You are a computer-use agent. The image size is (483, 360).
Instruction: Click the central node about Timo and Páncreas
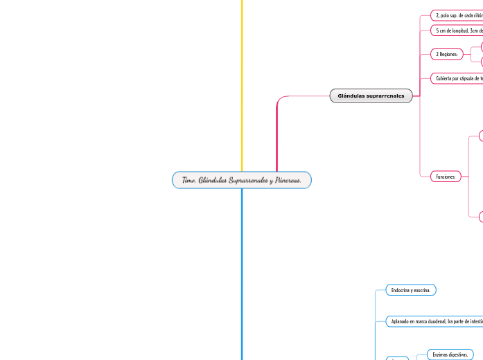(x=241, y=180)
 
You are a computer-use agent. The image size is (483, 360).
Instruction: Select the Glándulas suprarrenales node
(x=371, y=96)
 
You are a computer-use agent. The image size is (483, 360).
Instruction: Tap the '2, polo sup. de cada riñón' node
(x=457, y=15)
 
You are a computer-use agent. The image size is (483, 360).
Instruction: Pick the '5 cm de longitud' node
(x=457, y=30)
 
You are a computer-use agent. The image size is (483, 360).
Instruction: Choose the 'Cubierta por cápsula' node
(x=457, y=78)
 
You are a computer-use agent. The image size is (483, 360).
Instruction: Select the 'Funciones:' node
(x=446, y=177)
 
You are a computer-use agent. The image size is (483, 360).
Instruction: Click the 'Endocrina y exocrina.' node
(x=410, y=290)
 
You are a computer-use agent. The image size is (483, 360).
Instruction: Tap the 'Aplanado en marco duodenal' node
(x=434, y=321)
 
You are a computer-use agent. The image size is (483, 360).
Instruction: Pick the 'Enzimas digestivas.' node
(x=450, y=354)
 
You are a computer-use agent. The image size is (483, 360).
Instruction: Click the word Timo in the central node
(x=188, y=180)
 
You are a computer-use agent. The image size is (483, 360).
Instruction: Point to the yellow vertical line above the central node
(x=242, y=83)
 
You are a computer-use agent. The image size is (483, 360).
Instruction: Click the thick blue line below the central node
(x=242, y=277)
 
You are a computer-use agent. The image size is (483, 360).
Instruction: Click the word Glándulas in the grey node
(x=352, y=96)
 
